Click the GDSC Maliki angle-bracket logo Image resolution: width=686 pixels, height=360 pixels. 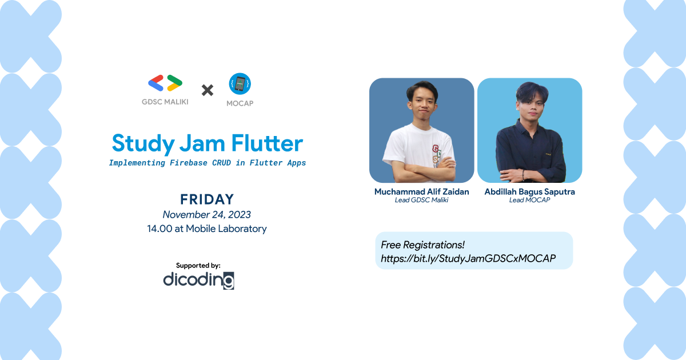[165, 83]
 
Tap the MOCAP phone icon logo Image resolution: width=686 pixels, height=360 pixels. [240, 84]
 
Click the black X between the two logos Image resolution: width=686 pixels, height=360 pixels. [208, 90]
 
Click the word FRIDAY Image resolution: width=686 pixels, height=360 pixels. [207, 199]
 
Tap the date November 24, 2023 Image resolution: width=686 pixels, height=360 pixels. [207, 215]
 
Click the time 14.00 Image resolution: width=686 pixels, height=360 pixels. [158, 229]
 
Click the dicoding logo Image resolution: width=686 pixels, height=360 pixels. [198, 280]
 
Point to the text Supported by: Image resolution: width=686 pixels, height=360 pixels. [198, 265]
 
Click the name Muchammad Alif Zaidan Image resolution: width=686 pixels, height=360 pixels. [421, 192]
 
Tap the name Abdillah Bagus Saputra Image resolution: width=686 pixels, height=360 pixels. [529, 192]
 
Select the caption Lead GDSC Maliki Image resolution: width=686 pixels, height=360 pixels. [421, 201]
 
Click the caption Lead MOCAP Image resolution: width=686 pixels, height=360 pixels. [529, 201]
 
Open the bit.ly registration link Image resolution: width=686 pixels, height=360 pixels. [468, 259]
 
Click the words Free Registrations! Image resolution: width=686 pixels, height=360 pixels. [423, 245]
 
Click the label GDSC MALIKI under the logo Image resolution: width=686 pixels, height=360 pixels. [165, 102]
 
